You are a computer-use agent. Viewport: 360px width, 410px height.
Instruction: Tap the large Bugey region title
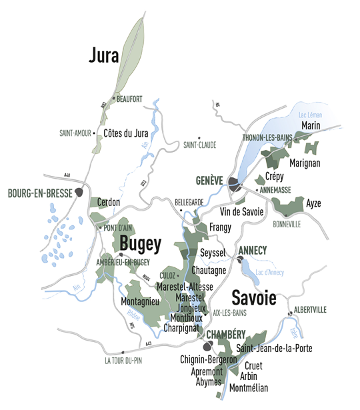[139, 245]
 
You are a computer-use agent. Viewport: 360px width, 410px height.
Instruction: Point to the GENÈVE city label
[209, 181]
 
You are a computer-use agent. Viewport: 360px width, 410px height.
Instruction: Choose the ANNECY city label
[253, 250]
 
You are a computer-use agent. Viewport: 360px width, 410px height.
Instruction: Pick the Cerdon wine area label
[109, 202]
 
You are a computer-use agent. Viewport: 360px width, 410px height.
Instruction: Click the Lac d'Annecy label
[271, 273]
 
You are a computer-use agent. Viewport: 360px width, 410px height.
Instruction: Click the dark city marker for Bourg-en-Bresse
[79, 193]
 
